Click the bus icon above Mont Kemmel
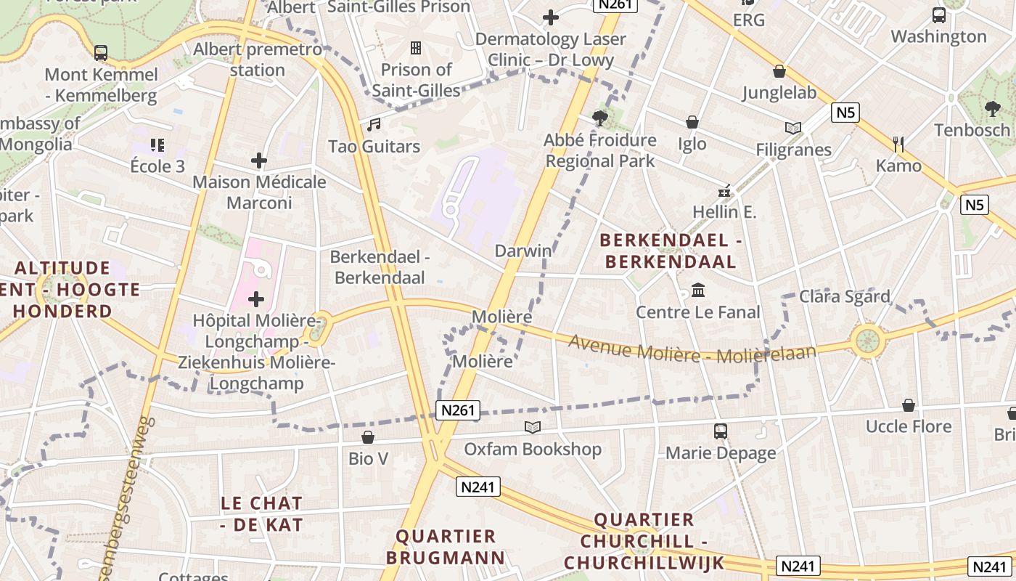tap(101, 52)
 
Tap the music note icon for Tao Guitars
tap(374, 125)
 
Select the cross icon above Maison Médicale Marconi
tap(259, 161)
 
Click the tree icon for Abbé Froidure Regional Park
tap(600, 118)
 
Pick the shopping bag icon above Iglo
tap(692, 122)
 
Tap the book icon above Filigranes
tap(793, 128)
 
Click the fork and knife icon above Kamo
tap(898, 144)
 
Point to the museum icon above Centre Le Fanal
tap(698, 290)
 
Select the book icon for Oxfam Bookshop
tap(533, 427)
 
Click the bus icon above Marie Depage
tap(721, 431)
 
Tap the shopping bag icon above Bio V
tap(368, 437)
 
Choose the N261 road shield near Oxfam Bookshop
tap(459, 410)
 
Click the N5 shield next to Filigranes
tap(846, 113)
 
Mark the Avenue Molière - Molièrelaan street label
tap(692, 350)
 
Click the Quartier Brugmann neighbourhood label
tap(445, 547)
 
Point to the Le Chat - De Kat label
tap(261, 513)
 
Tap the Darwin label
tap(523, 251)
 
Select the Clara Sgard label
tap(845, 296)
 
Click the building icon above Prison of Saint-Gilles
tap(416, 48)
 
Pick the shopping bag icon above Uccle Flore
tap(908, 405)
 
